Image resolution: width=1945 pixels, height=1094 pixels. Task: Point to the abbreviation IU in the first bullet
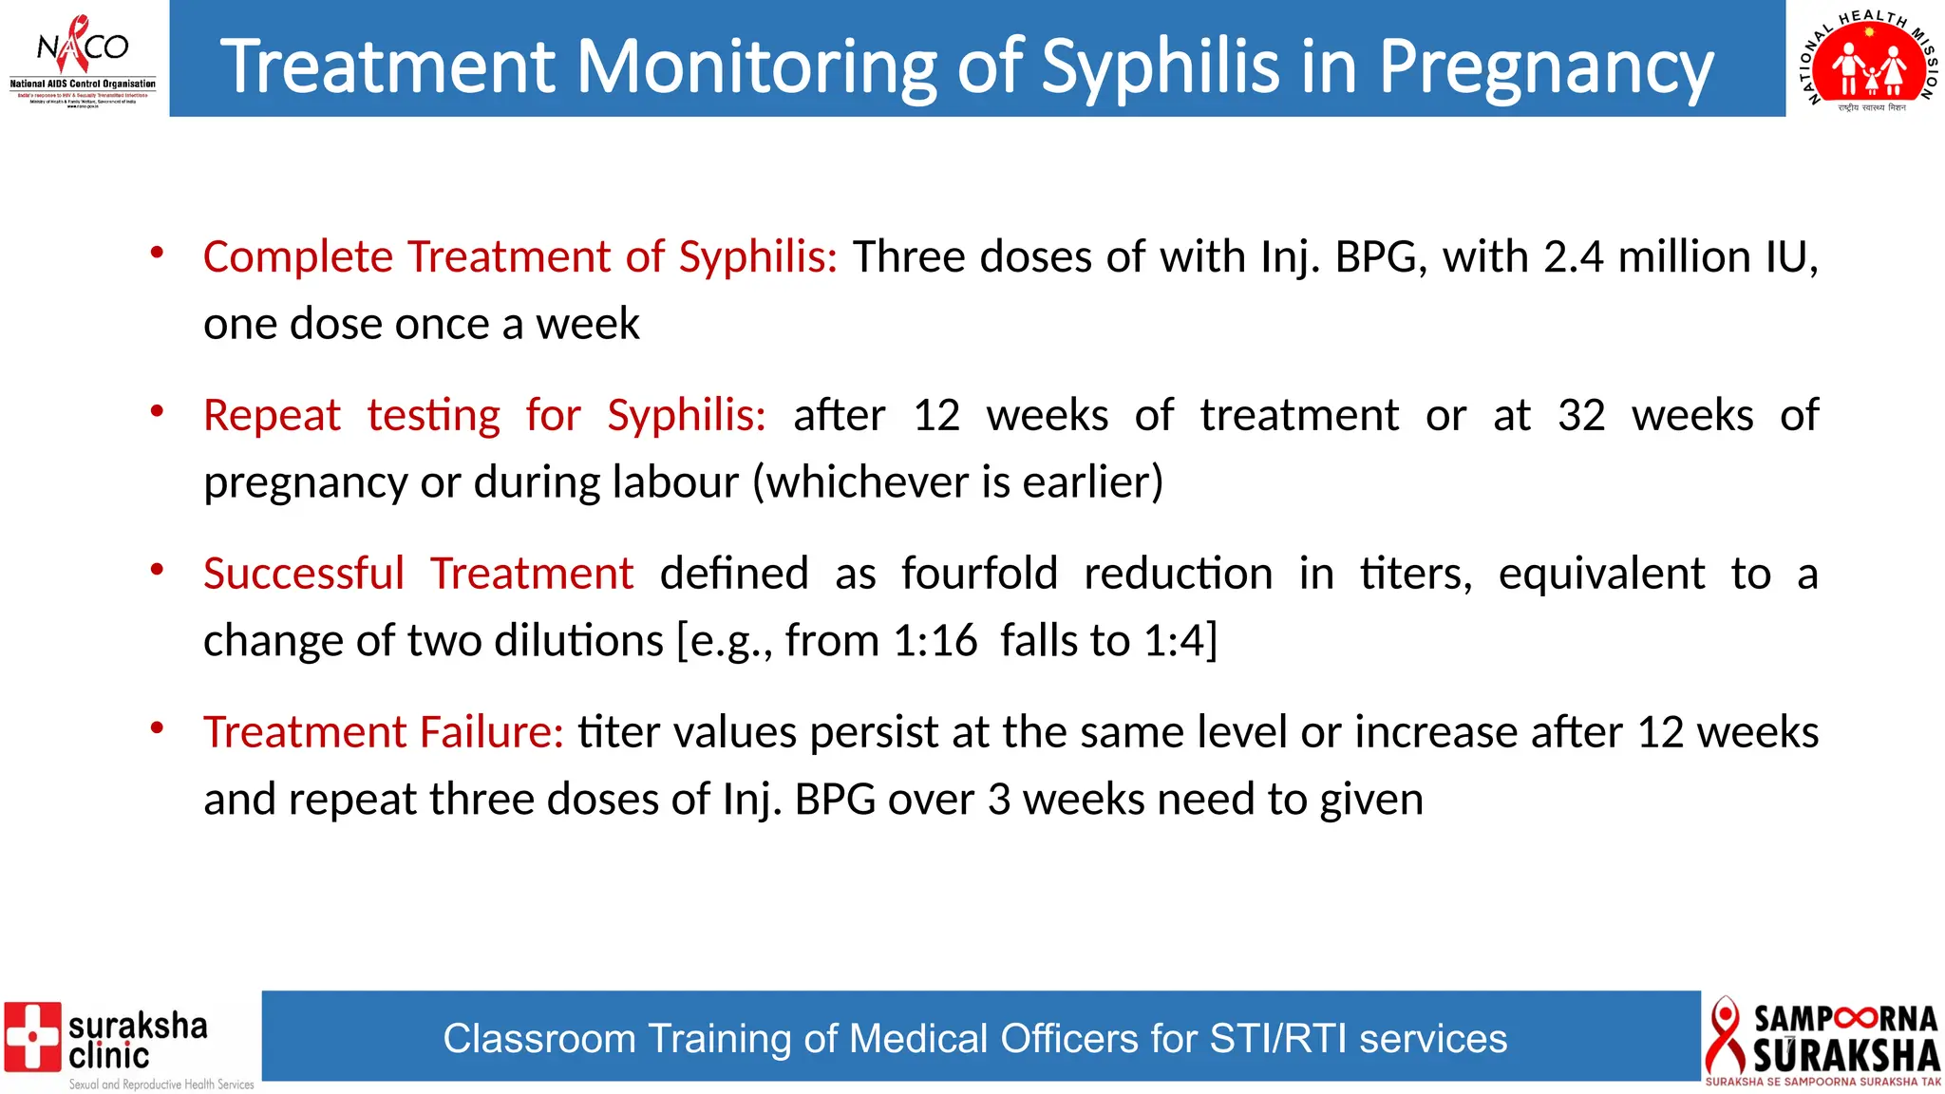pos(1791,257)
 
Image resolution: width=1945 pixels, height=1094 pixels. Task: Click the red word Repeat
pos(272,416)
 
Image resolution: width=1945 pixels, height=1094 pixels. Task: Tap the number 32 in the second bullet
pos(1581,416)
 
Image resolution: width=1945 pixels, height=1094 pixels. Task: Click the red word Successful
pos(304,575)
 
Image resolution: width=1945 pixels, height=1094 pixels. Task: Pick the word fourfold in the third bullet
pos(979,575)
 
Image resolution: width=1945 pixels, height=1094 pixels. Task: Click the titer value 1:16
pos(935,641)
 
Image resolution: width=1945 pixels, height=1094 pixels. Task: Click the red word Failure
pos(492,732)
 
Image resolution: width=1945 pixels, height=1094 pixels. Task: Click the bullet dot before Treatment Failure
pos(158,728)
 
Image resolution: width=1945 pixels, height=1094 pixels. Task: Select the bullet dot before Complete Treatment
pos(158,253)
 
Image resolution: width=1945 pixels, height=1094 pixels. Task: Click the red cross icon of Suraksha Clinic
pos(32,1036)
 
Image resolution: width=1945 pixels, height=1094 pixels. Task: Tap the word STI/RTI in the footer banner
pos(1278,1039)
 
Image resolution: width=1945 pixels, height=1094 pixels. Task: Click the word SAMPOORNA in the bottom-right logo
pos(1845,1019)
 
